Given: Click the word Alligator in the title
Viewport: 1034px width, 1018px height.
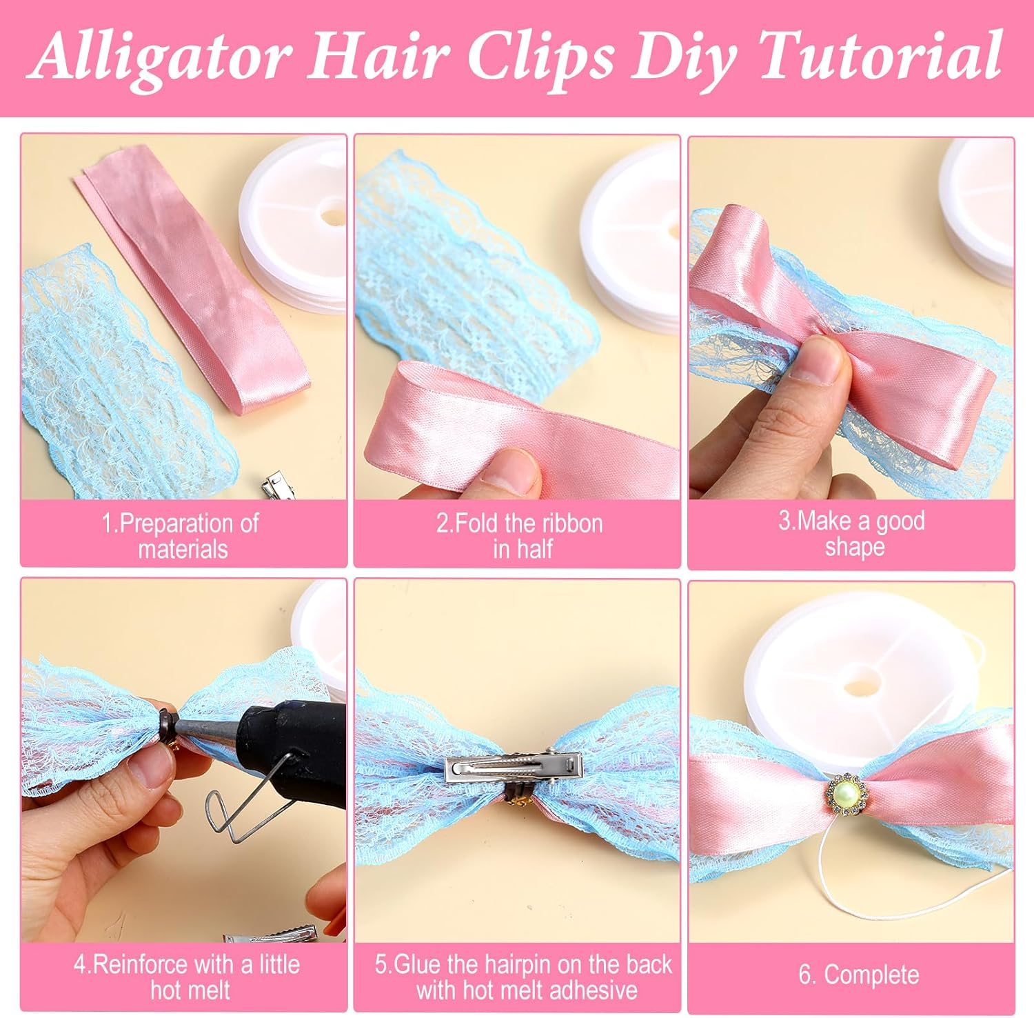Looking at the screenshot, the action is tap(161, 56).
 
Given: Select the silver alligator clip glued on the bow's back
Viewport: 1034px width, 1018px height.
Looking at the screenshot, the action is tap(514, 767).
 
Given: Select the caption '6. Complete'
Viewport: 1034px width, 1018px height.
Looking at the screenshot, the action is tap(858, 975).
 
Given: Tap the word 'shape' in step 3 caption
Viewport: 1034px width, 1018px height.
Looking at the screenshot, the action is tap(854, 548).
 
